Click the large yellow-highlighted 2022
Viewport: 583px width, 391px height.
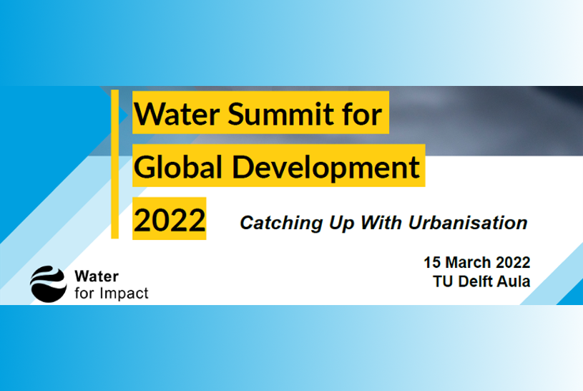(170, 219)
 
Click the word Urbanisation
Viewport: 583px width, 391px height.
(468, 222)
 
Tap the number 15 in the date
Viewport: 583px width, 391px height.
(433, 262)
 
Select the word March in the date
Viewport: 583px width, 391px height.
(470, 262)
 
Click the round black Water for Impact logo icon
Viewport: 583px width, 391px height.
(48, 283)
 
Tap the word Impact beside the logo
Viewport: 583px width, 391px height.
(122, 293)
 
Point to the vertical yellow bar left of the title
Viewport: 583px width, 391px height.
(114, 164)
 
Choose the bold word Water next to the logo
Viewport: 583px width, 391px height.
(97, 276)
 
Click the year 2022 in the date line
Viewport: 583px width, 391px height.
(513, 262)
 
